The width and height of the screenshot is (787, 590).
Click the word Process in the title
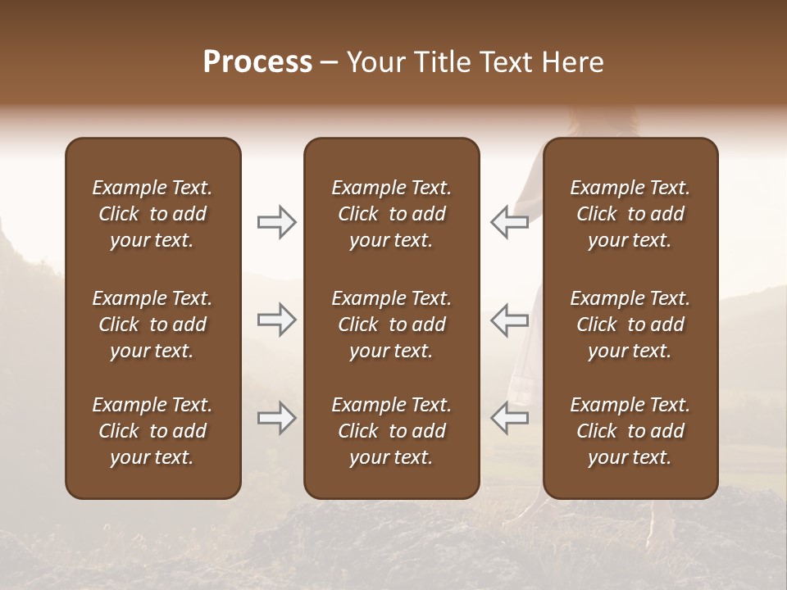257,62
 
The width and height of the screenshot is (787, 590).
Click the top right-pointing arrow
277,222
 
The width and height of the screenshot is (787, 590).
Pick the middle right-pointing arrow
277,320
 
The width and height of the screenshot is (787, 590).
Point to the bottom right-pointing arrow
277,418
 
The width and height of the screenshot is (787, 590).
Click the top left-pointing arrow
509,222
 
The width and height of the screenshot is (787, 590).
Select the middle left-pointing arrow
509,320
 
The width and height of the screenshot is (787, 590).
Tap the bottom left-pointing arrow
509,418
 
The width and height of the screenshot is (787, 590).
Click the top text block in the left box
152,214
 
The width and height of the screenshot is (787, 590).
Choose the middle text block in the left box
152,324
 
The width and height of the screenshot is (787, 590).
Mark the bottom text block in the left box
152,431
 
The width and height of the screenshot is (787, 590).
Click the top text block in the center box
392,214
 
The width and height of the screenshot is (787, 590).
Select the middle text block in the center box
392,324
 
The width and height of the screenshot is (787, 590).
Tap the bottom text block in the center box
392,431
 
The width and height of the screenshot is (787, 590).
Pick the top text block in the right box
630,214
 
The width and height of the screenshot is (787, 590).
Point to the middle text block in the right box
630,324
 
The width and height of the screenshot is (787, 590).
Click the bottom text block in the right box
630,431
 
